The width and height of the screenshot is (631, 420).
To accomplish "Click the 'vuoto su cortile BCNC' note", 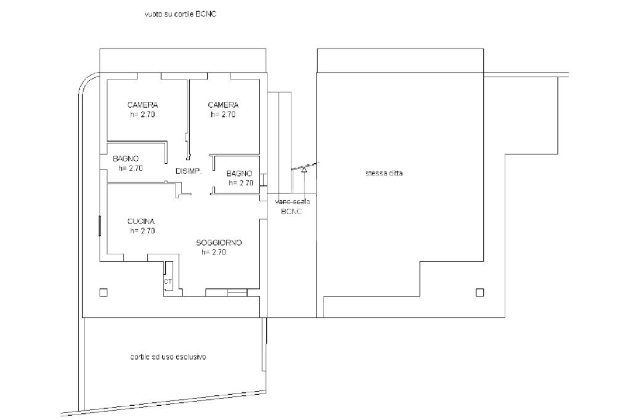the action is [x=181, y=14].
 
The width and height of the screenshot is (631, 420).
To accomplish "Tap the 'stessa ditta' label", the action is [x=384, y=174].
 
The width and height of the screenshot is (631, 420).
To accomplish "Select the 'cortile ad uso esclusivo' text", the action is [x=168, y=357].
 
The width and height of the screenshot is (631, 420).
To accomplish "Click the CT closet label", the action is [x=168, y=281].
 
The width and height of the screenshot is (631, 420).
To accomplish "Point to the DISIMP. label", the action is [x=189, y=171].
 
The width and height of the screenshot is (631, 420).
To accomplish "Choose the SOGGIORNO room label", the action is [x=219, y=243].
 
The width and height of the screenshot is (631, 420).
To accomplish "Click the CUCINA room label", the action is [x=141, y=221].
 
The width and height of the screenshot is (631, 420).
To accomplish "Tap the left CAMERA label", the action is [x=142, y=105].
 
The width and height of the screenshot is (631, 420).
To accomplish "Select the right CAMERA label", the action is [x=223, y=105].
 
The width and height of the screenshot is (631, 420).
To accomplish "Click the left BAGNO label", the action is [x=126, y=158].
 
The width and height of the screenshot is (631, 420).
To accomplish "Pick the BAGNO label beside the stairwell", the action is [x=239, y=174].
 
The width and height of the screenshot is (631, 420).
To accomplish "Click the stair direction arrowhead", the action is [x=304, y=170].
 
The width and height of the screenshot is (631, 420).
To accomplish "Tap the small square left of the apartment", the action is [x=104, y=293].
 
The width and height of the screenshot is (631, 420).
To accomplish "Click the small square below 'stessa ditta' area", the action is [x=479, y=293].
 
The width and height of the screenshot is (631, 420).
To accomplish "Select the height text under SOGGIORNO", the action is [x=214, y=252].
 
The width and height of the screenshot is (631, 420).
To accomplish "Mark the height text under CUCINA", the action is [x=142, y=231].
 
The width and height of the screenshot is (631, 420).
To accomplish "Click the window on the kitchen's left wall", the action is [x=99, y=225].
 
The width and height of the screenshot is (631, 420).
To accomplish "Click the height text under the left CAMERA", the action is [x=142, y=115].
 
